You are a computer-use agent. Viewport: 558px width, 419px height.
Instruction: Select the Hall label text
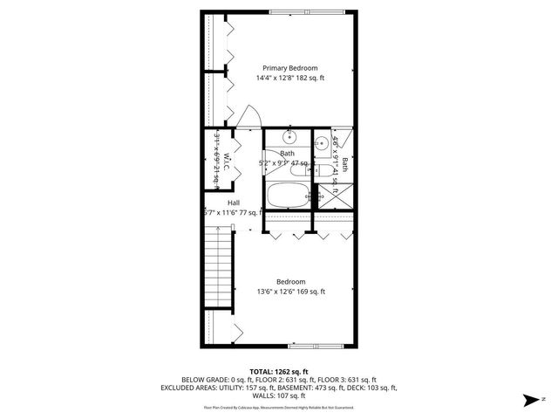click(x=234, y=203)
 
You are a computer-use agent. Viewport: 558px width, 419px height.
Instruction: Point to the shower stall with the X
click(x=343, y=196)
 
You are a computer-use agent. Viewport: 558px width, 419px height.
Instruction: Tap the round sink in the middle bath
click(x=290, y=137)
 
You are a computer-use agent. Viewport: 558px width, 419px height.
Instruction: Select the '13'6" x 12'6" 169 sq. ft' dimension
click(x=289, y=292)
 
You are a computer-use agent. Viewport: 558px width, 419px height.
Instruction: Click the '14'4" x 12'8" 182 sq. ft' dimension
click(x=289, y=78)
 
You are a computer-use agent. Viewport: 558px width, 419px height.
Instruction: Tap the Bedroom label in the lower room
click(x=290, y=281)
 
